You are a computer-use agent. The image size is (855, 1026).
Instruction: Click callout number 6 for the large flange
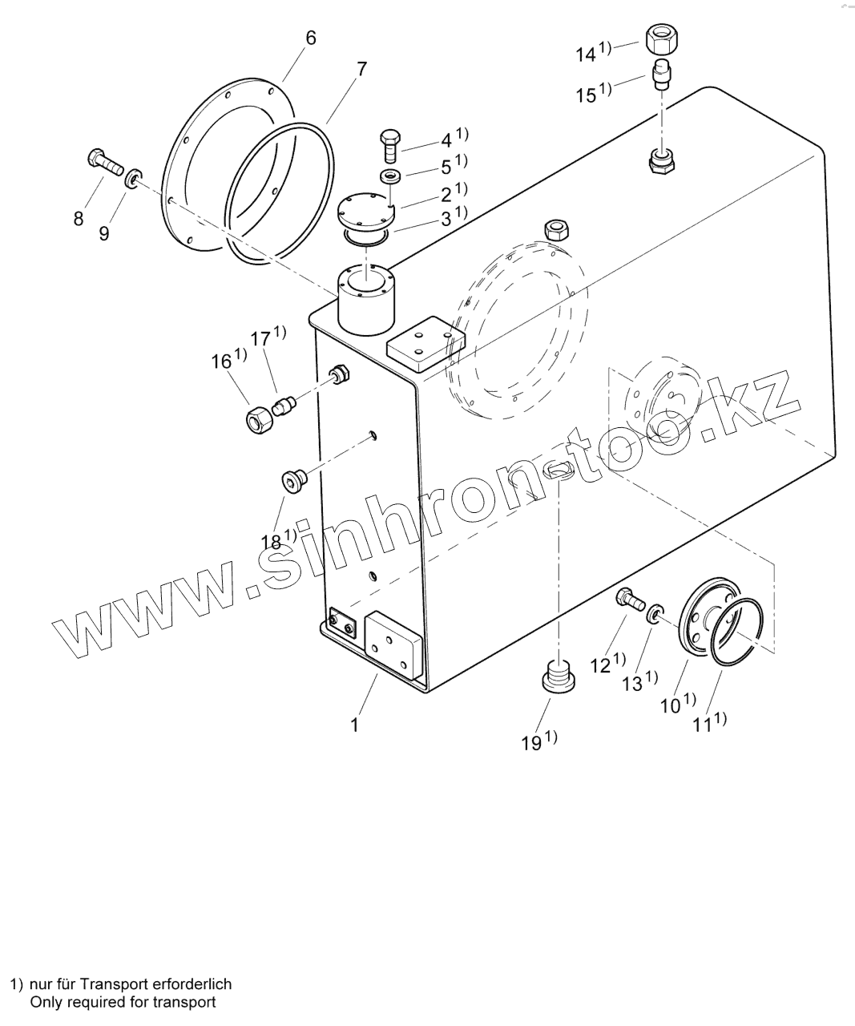click(x=311, y=38)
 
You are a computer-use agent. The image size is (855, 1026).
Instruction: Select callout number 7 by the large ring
click(x=361, y=69)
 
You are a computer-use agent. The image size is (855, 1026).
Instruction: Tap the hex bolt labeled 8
click(x=103, y=162)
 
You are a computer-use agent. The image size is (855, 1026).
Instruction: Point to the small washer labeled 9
click(x=133, y=176)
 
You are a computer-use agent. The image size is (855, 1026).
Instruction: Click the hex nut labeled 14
click(x=662, y=36)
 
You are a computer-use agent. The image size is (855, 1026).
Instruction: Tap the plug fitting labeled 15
click(x=663, y=73)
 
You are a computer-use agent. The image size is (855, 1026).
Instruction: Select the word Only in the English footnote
click(x=44, y=1002)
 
